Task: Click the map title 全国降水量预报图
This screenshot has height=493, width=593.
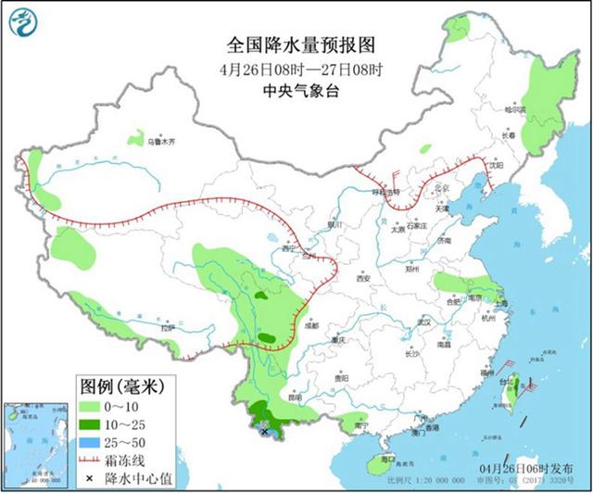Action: click(296, 44)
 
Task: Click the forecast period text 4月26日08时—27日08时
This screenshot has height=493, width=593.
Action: click(296, 69)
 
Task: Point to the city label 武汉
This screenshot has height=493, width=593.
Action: click(426, 322)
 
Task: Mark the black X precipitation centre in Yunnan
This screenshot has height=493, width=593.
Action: click(264, 431)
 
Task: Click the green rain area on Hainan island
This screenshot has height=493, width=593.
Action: click(379, 459)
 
